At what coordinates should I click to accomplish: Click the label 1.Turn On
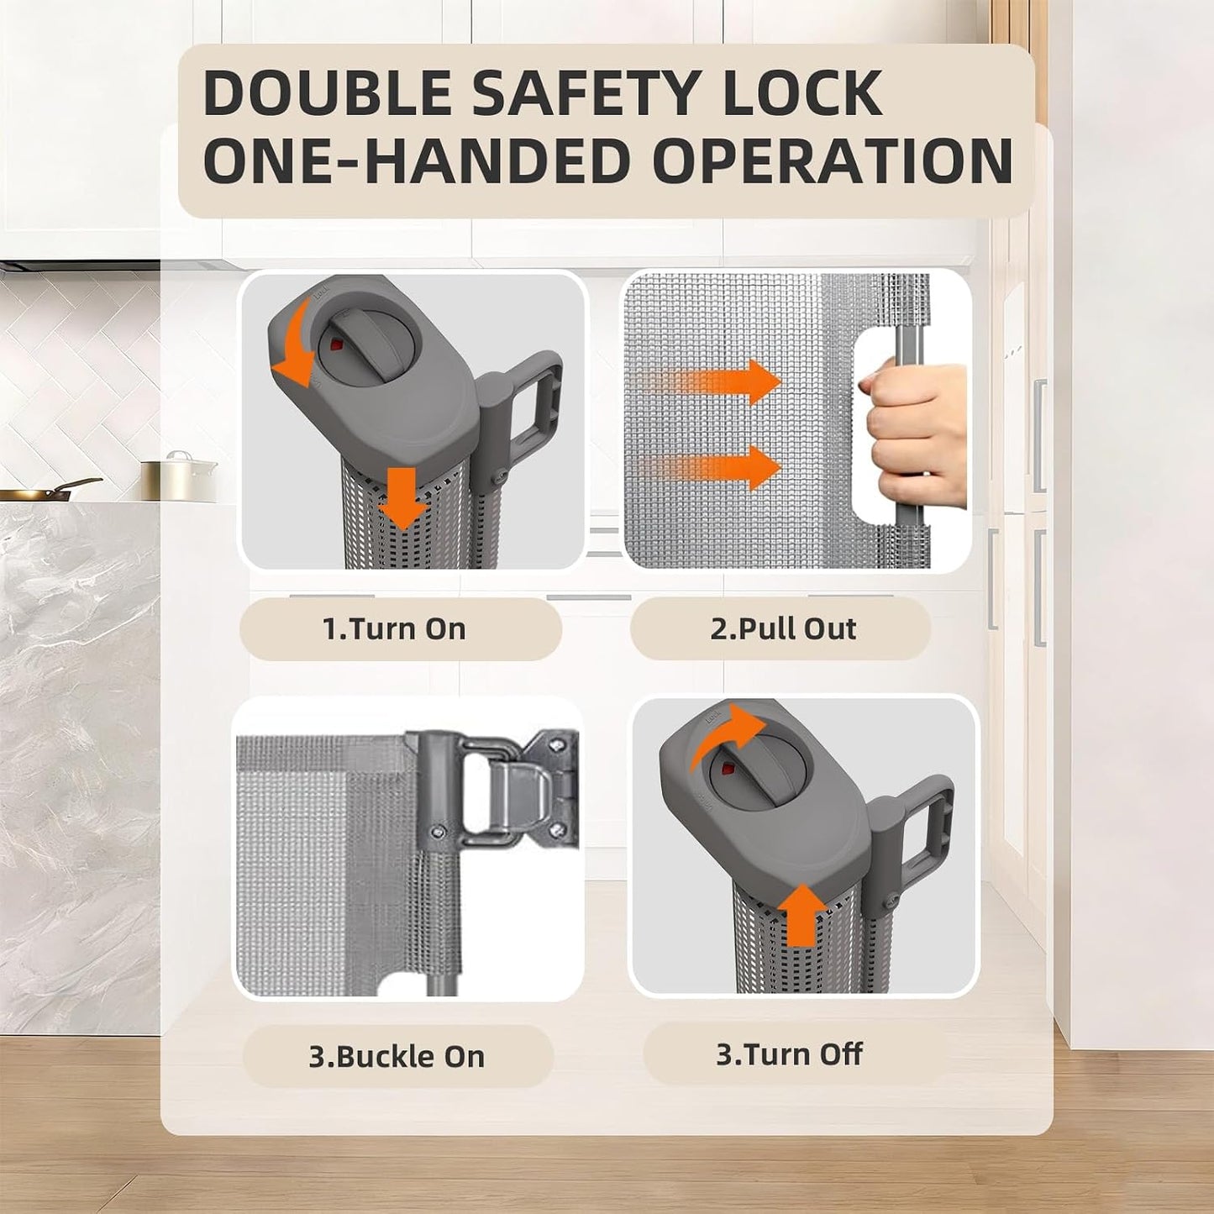coord(394,628)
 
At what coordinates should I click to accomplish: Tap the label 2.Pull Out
coord(783,628)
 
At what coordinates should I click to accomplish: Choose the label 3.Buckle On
coord(397,1056)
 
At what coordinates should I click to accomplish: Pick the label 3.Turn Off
coord(789,1054)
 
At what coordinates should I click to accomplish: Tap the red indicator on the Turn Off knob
coord(727,768)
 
